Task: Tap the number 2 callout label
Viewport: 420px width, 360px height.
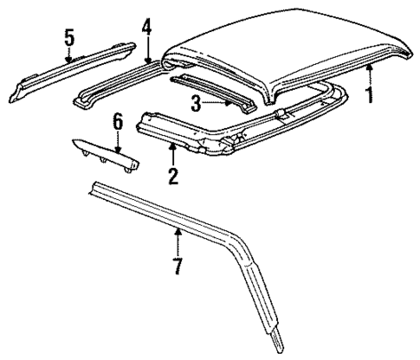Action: point(173,177)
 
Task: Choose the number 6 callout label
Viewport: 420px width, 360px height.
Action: point(118,125)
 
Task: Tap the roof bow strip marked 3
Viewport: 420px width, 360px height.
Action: point(212,87)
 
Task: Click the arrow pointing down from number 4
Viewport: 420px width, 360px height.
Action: point(147,49)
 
